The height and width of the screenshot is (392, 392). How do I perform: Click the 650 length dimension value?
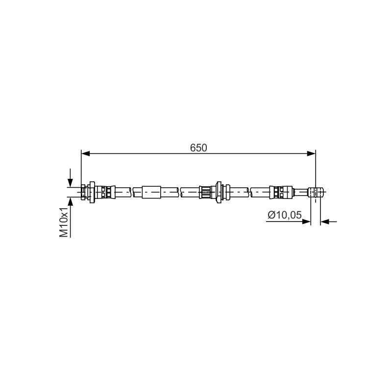coord(198,148)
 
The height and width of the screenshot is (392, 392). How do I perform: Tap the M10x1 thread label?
coord(64,222)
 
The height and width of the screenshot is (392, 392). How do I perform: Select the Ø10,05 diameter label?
coord(285,215)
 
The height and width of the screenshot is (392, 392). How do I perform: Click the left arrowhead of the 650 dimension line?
coord(85,153)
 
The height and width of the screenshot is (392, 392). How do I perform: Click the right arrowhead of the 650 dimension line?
coord(312,153)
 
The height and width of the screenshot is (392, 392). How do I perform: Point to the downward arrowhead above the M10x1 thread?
coord(70,183)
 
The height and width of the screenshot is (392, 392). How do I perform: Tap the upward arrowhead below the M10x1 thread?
coord(70,201)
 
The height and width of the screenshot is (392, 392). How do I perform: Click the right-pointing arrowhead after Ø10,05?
coord(307,221)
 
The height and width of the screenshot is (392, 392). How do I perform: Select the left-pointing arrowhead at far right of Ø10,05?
coord(325,221)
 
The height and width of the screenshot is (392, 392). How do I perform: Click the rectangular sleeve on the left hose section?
coord(151,192)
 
